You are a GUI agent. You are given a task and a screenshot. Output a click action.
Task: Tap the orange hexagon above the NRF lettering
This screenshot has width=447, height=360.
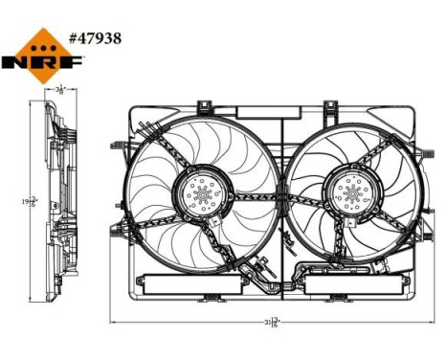(x=43, y=43)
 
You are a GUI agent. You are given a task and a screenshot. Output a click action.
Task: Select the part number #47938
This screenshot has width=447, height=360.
(x=95, y=40)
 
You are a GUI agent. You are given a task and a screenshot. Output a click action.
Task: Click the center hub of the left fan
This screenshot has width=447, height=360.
(x=201, y=198)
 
